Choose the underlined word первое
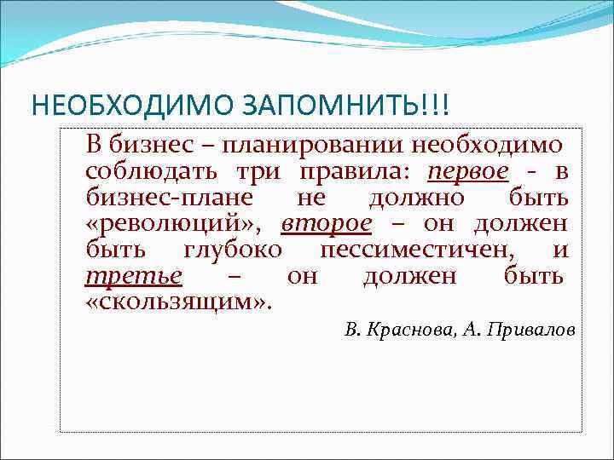(469, 172)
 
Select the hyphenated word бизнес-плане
(168, 198)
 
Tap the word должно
(416, 198)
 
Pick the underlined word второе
(327, 225)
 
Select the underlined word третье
(134, 277)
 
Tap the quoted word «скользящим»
(178, 303)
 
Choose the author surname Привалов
(529, 331)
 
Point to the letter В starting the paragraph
(93, 146)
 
